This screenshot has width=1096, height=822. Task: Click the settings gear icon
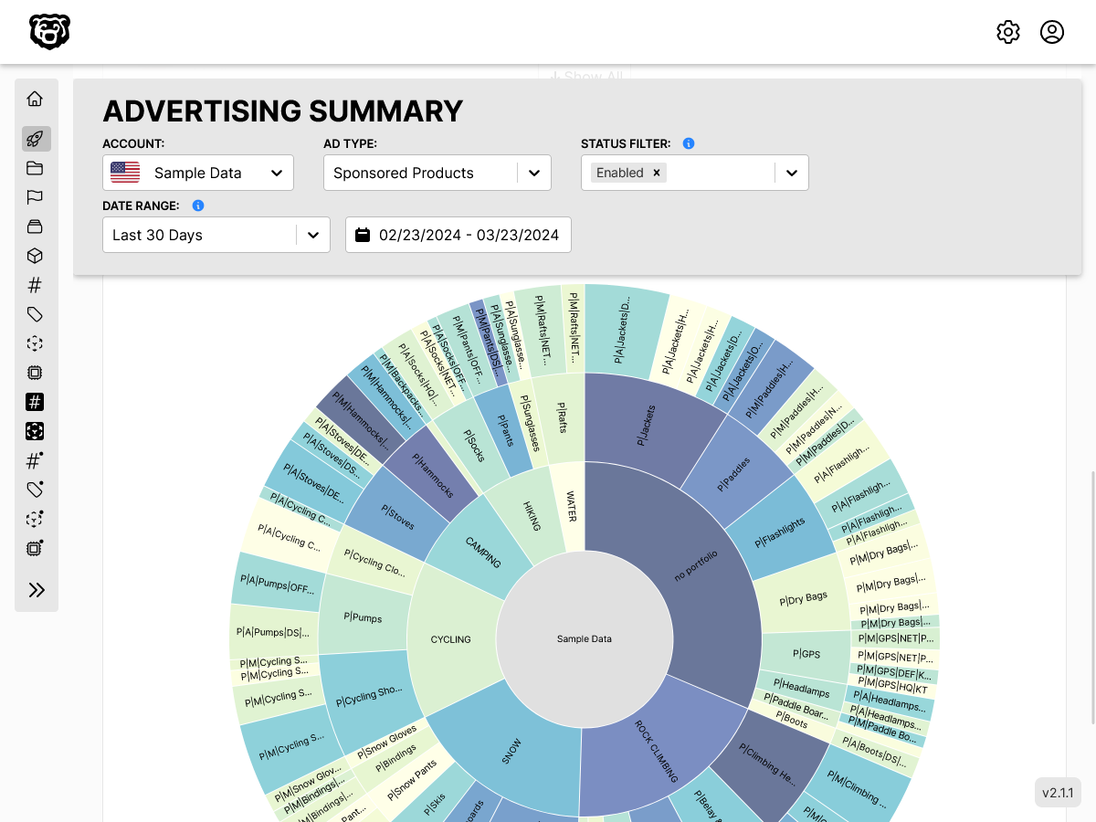pyautogui.click(x=1008, y=32)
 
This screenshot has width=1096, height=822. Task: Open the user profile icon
pyautogui.click(x=1052, y=32)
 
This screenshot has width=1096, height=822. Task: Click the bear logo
pyautogui.click(x=49, y=32)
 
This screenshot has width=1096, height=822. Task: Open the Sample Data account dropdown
pyautogui.click(x=198, y=173)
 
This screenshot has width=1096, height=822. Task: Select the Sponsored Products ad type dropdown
pyautogui.click(x=437, y=173)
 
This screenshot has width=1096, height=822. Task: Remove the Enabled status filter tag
pyautogui.click(x=656, y=173)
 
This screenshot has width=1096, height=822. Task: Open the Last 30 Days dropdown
pyautogui.click(x=216, y=235)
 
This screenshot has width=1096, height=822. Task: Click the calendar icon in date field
pyautogui.click(x=363, y=235)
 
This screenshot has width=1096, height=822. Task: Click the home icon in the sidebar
pyautogui.click(x=36, y=99)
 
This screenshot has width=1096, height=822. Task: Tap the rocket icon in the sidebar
pyautogui.click(x=36, y=139)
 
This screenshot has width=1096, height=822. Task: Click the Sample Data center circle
pyautogui.click(x=585, y=638)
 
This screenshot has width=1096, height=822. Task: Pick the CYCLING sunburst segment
pyautogui.click(x=450, y=639)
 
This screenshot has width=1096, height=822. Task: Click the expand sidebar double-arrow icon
pyautogui.click(x=37, y=590)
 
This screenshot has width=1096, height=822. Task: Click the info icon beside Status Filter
pyautogui.click(x=689, y=143)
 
